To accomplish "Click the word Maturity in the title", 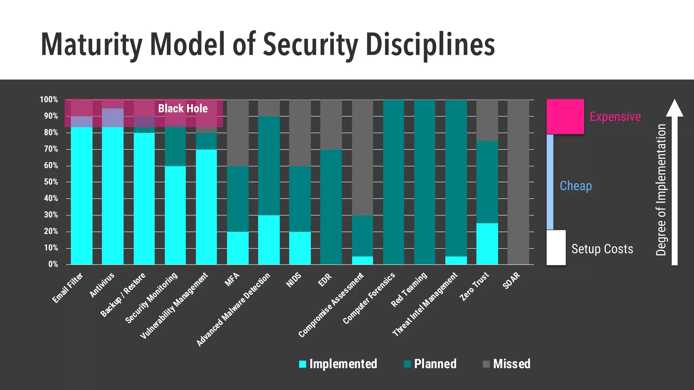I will tap(91, 45).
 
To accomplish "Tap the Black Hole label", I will tap(183, 108).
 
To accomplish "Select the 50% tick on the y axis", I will tap(51, 182).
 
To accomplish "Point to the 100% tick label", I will tap(49, 100).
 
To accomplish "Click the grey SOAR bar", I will tap(518, 182).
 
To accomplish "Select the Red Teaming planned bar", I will tap(425, 182).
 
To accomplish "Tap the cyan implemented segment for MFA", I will tap(238, 248).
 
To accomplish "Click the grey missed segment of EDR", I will tap(331, 124).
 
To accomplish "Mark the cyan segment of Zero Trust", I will tap(487, 244).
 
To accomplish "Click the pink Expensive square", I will tap(565, 116).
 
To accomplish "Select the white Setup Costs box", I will tap(556, 247).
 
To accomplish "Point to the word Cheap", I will tap(575, 186).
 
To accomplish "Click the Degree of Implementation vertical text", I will tap(661, 190).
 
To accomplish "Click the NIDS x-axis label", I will tap(293, 280).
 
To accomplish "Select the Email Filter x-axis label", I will tap(67, 288).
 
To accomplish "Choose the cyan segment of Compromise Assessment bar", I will tap(362, 260).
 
